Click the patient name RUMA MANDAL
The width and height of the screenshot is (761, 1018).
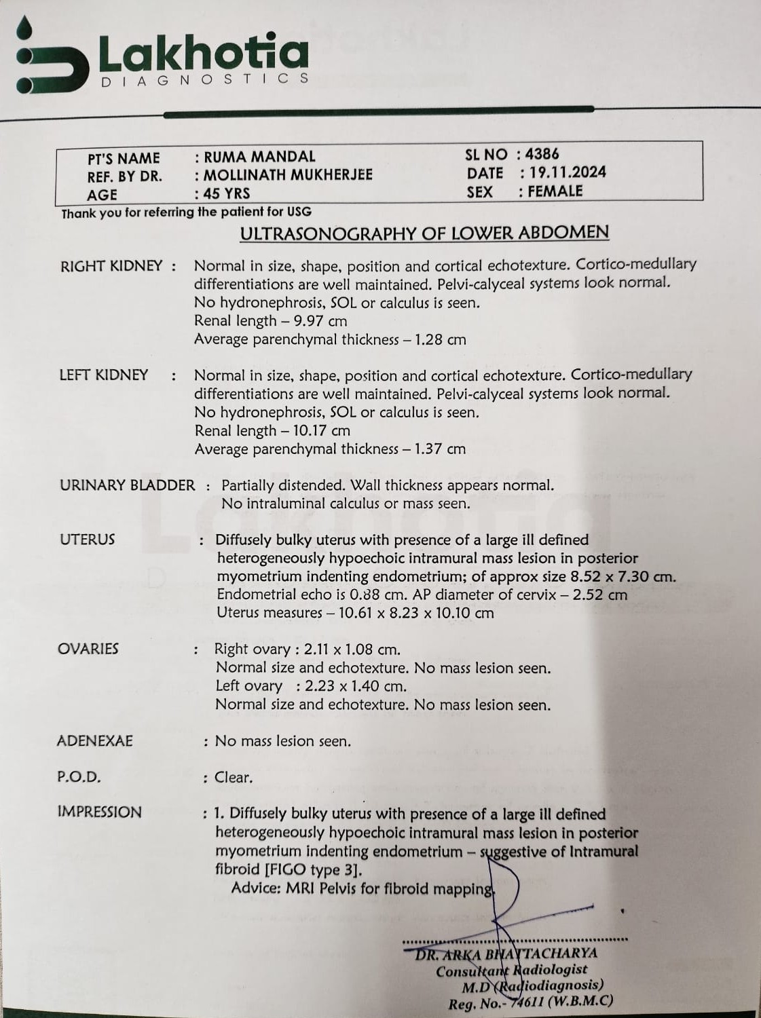pos(259,157)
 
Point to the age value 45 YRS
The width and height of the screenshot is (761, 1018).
pos(227,194)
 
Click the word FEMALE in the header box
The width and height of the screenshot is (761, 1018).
pos(555,191)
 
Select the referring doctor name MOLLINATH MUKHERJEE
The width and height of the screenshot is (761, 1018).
pos(289,175)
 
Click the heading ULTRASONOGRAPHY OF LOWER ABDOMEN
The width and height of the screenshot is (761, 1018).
pos(424,233)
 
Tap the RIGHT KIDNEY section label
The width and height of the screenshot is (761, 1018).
pos(111,266)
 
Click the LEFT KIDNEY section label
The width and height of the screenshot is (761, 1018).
pos(103,375)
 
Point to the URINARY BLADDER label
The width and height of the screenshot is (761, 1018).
pos(127,485)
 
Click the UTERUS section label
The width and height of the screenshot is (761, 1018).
pos(87,540)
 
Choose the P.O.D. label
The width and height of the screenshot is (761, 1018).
pos(79,777)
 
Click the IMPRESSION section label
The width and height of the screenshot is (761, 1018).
pos(99,812)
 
